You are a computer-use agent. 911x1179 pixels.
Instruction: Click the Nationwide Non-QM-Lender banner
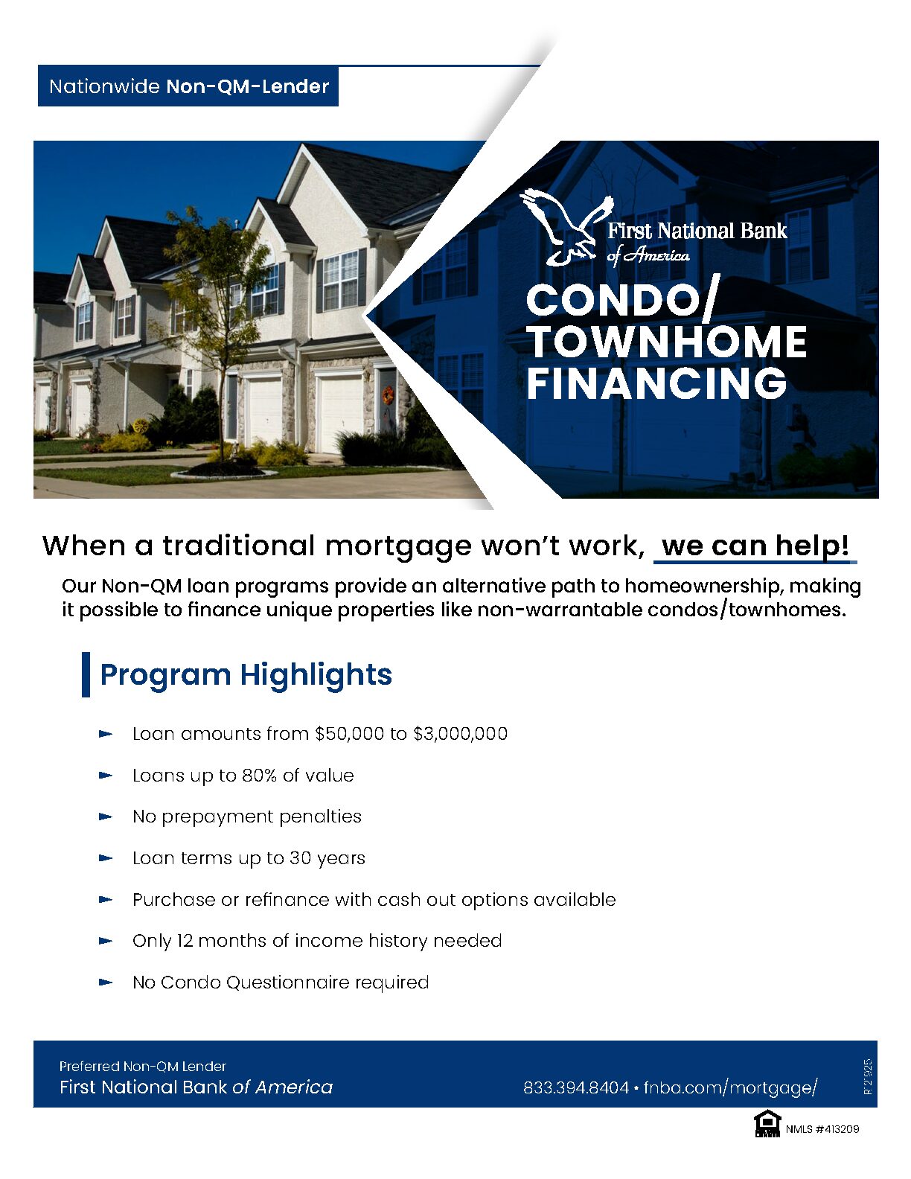point(188,86)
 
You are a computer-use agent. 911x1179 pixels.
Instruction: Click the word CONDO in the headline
point(610,301)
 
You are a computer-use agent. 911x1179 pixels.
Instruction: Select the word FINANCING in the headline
point(656,384)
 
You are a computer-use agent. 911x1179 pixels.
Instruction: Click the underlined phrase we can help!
point(755,546)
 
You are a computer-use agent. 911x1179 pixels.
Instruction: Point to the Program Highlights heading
point(246,674)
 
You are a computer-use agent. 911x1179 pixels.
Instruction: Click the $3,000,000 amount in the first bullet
point(460,734)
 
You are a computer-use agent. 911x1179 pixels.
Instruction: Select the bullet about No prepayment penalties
point(246,817)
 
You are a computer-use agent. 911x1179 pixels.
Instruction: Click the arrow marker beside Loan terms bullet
point(106,858)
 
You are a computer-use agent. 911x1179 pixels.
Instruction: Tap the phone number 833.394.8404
point(575,1087)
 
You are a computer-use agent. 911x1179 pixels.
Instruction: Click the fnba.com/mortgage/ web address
point(730,1087)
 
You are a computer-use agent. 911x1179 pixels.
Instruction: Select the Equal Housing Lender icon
point(767,1123)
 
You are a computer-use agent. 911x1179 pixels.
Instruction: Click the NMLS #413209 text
point(822,1129)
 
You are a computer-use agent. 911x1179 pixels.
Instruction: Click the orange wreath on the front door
point(388,395)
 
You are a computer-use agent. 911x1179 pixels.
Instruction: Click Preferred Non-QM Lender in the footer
point(143,1066)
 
